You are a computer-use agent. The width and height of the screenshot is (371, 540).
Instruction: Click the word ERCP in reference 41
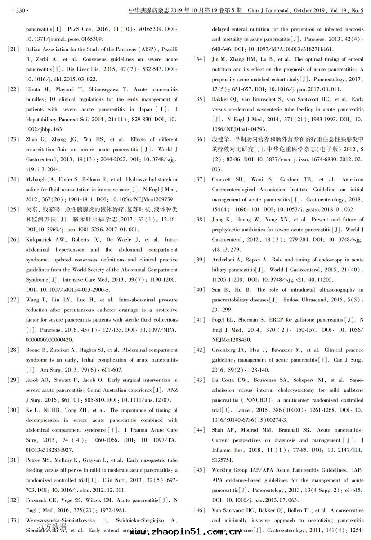271,320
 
